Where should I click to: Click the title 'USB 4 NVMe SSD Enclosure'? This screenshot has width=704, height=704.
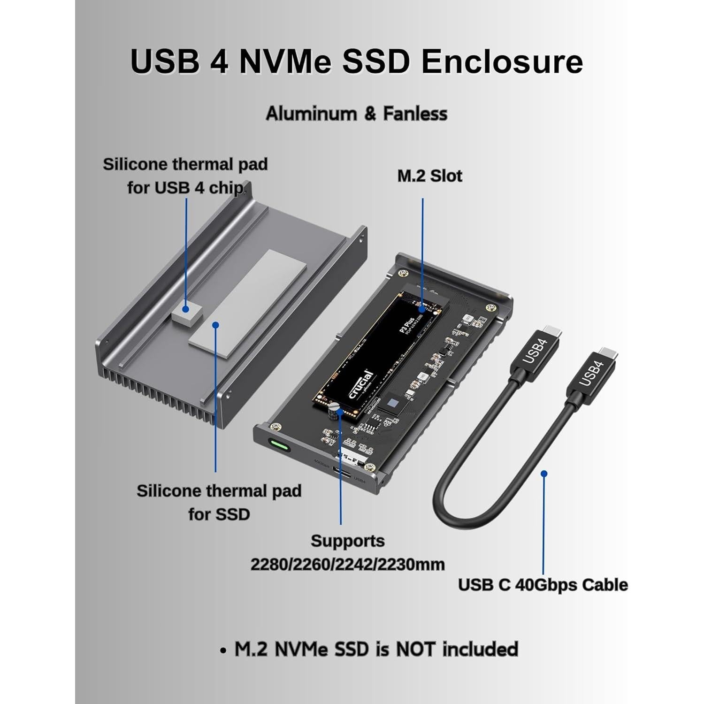(357, 61)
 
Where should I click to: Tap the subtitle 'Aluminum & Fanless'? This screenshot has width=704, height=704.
(357, 114)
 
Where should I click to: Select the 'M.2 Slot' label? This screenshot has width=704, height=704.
(429, 176)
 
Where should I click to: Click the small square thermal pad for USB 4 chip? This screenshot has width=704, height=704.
(185, 312)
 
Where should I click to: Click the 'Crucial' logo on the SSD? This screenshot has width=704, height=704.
(361, 385)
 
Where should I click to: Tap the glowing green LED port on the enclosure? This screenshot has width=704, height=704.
(279, 444)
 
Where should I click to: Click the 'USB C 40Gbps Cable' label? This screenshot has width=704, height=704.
(543, 585)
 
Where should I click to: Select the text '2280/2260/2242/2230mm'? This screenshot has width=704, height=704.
(347, 564)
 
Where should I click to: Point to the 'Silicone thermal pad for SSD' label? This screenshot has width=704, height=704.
(219, 502)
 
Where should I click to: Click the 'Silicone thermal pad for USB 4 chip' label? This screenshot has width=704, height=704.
(185, 176)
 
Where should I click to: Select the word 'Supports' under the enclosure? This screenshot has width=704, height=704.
(347, 541)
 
